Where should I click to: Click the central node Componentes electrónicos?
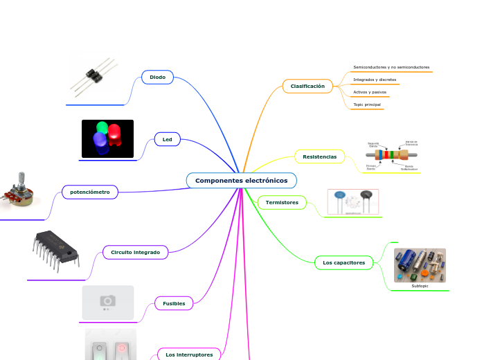point(241,181)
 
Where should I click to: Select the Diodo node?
point(157,77)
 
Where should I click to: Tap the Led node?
point(167,140)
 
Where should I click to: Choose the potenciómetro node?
point(90,192)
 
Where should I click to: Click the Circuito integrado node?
point(135,253)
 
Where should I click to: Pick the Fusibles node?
point(174,303)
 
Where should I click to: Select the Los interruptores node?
point(189,354)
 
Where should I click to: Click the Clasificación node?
point(307,86)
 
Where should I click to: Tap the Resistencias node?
point(319,157)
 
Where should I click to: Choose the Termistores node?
point(282,203)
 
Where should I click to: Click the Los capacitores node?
point(344,263)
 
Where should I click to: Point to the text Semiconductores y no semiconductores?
point(391,67)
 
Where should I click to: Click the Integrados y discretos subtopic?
point(375,80)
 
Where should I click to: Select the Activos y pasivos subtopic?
point(370,92)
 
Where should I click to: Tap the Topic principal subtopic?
point(367,105)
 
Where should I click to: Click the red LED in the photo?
point(115,134)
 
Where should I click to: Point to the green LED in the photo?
point(102,128)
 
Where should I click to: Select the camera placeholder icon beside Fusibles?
point(107,301)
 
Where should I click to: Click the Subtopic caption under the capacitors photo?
point(420,286)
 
